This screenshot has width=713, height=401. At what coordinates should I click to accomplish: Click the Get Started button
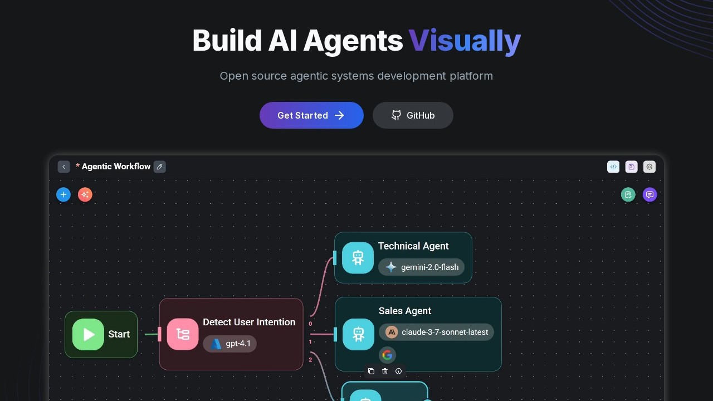(311, 115)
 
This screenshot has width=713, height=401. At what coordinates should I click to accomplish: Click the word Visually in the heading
(465, 41)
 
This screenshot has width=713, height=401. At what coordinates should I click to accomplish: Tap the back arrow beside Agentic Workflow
(64, 167)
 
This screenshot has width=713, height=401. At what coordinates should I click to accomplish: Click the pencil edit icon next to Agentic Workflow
(160, 167)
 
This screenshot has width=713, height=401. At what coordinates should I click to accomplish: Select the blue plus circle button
(64, 194)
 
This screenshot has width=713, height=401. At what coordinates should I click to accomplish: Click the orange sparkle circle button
(85, 194)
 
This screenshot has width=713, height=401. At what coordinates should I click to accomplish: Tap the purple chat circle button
(649, 194)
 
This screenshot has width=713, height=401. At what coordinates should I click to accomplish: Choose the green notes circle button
(628, 194)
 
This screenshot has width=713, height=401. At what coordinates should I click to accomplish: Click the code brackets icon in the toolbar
(613, 167)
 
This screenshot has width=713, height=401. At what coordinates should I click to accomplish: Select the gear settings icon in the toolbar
(649, 167)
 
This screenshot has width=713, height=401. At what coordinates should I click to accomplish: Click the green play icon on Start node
(88, 334)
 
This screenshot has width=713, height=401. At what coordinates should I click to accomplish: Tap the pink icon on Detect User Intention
(183, 334)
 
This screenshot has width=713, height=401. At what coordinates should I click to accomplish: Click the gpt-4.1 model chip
(230, 344)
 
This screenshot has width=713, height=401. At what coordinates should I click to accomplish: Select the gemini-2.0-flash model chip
(421, 267)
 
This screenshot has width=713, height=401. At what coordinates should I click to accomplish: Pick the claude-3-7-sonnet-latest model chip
(436, 332)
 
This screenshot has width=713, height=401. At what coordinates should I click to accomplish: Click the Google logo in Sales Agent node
(387, 355)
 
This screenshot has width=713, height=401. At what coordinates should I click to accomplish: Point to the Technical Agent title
(413, 246)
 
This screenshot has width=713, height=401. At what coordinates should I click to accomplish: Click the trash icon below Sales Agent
(385, 371)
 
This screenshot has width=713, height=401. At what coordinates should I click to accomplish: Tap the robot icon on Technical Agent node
(358, 258)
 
